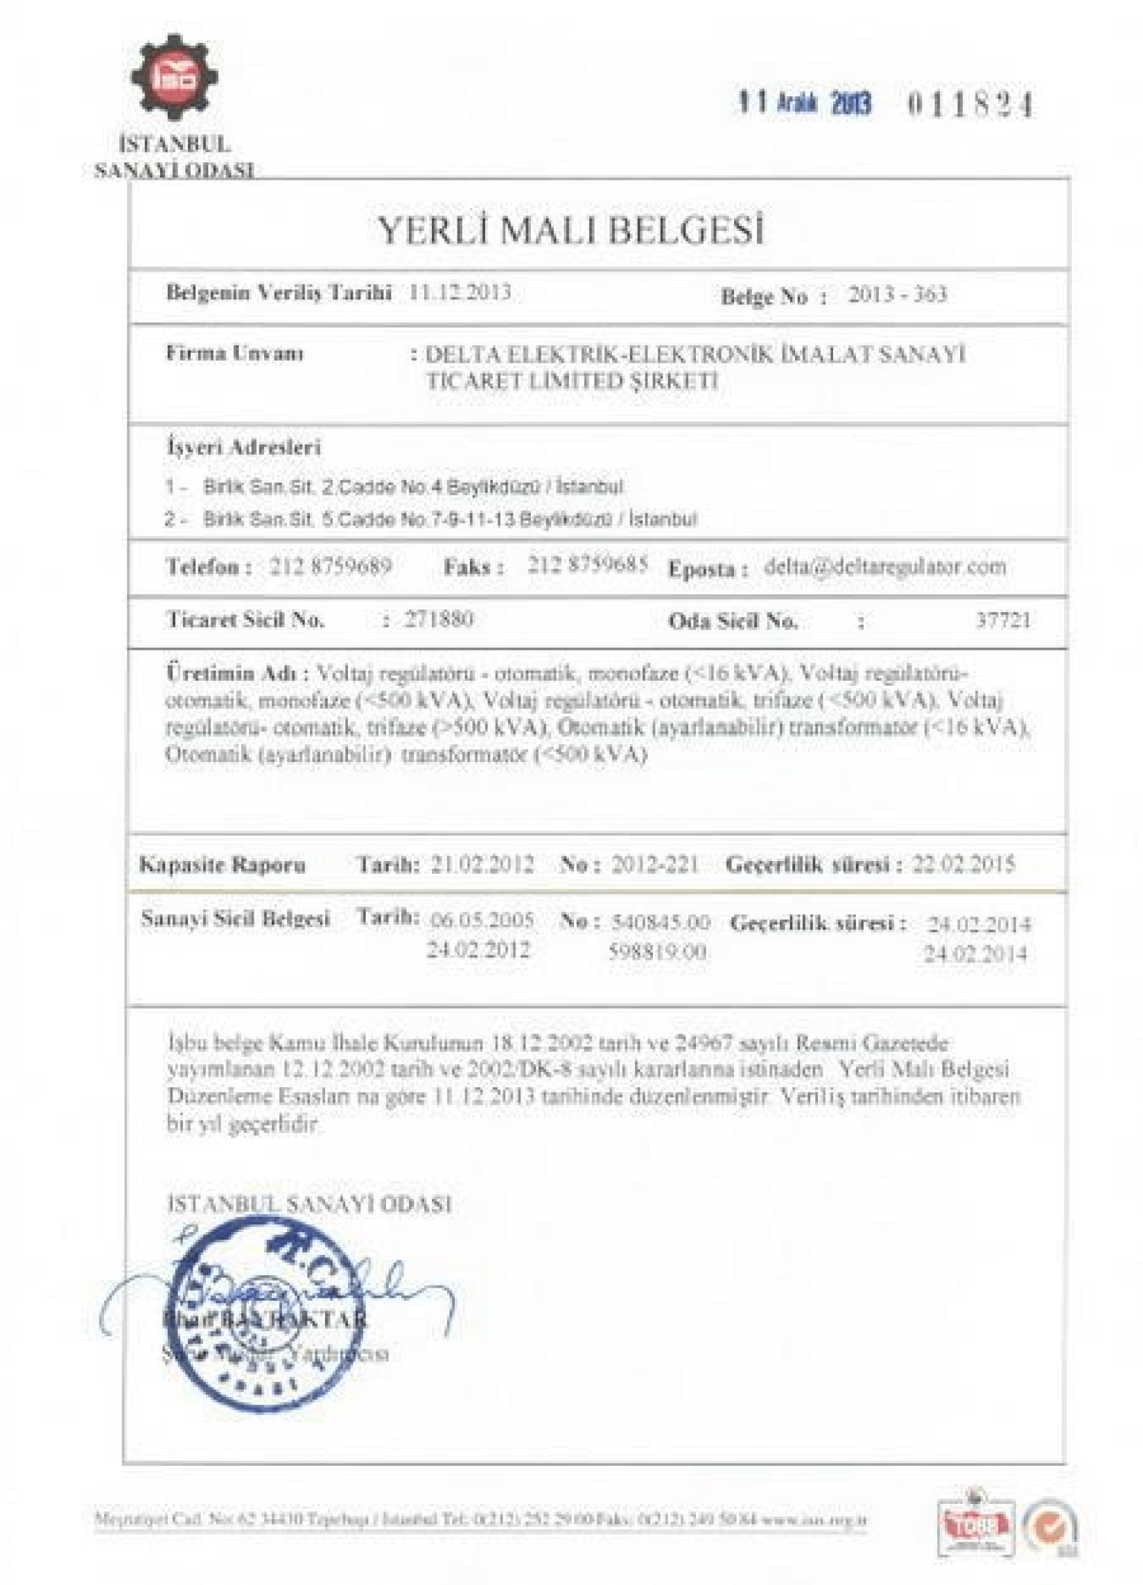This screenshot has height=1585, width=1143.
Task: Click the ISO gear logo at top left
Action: (174, 78)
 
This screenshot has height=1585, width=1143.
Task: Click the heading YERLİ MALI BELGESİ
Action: (570, 230)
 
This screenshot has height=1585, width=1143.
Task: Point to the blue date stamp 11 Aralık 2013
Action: (805, 103)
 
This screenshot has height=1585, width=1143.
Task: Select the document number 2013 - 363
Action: (897, 294)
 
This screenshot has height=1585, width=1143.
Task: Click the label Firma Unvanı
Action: (235, 354)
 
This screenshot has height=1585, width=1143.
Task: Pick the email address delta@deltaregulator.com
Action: (885, 566)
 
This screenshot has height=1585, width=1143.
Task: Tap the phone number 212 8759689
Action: (330, 566)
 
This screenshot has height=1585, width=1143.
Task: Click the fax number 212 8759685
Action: (588, 564)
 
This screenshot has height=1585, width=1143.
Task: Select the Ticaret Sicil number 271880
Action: (439, 619)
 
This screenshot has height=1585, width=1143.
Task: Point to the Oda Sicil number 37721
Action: (1002, 621)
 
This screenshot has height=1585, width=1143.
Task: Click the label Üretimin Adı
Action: (238, 675)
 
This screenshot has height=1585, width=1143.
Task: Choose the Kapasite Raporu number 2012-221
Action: (654, 865)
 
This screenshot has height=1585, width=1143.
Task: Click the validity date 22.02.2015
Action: (963, 865)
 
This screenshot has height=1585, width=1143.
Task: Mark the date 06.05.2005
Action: (482, 920)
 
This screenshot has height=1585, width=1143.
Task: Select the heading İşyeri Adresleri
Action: (243, 447)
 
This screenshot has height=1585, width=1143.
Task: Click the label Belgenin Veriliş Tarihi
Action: (279, 293)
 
